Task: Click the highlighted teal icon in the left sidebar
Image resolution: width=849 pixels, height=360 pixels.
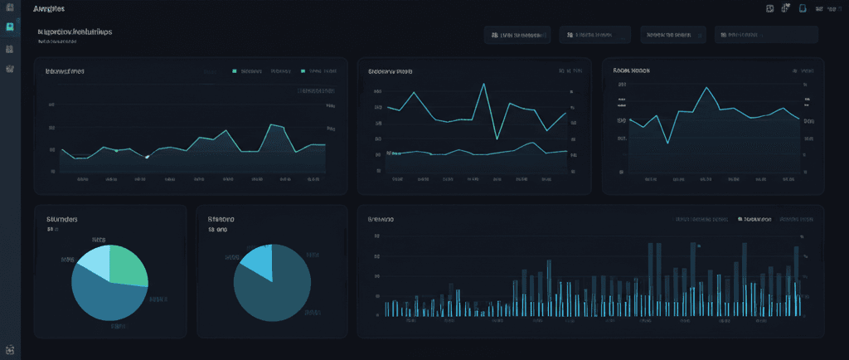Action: (x=10, y=27)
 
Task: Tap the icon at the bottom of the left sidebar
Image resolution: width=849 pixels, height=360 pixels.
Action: (x=10, y=350)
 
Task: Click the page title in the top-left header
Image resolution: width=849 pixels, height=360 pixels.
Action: (x=51, y=8)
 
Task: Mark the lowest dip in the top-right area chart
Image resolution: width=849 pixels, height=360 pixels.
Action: (x=667, y=143)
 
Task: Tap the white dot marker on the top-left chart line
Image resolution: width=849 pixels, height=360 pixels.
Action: (x=147, y=157)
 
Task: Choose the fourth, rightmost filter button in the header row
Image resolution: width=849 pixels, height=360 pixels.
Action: (x=767, y=35)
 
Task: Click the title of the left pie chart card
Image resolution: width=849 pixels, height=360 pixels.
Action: (x=62, y=219)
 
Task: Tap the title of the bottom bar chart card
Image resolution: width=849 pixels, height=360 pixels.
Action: (x=381, y=219)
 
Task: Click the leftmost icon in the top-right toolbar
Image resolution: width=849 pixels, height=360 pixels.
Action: (x=770, y=8)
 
